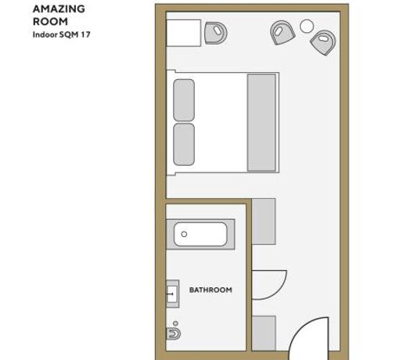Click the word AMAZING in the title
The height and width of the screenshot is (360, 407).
point(59,9)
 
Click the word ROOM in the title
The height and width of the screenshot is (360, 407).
point(50,21)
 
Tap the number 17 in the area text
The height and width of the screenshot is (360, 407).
point(85,34)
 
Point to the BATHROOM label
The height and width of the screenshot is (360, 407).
point(211,290)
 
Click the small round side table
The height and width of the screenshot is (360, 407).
point(307,26)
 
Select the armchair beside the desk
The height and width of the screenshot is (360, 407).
point(216,33)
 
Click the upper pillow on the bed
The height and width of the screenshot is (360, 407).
point(184,100)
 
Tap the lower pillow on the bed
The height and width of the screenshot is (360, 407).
point(184,145)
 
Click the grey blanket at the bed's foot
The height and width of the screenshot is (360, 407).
point(261,123)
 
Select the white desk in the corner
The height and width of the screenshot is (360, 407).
point(184,33)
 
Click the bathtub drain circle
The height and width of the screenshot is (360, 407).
point(184,234)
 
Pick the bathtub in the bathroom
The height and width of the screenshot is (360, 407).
point(200,234)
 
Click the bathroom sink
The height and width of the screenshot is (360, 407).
point(172,293)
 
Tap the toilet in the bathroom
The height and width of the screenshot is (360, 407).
point(174,333)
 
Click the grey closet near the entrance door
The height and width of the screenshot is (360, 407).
point(264,333)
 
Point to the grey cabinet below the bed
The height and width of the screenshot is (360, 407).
point(264,221)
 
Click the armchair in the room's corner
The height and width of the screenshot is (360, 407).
point(323,42)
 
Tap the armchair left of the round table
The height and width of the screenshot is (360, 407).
point(282,33)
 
